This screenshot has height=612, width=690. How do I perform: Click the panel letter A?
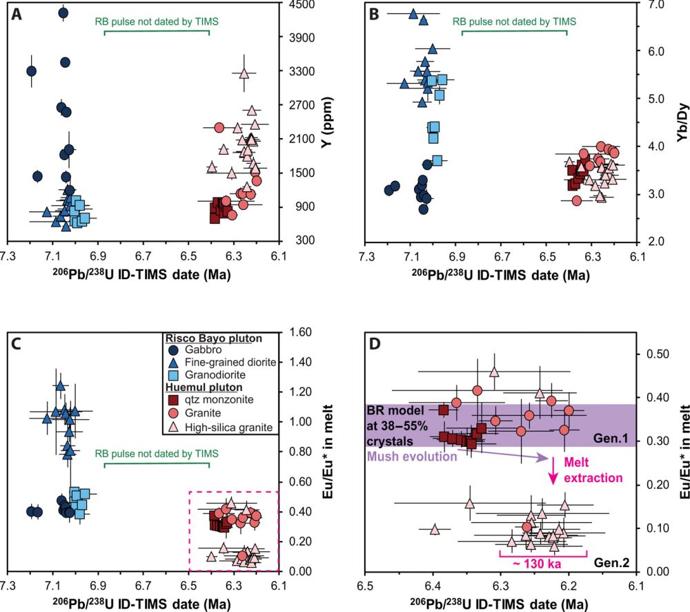[16, 13]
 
